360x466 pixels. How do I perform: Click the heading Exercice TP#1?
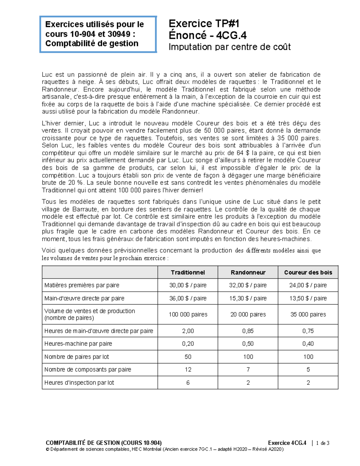point(204,23)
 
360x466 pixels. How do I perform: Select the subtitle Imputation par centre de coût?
point(229,47)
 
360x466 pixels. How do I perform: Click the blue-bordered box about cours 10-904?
point(98,34)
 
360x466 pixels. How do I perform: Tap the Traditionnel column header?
point(188,272)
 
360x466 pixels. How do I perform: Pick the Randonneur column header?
point(248,272)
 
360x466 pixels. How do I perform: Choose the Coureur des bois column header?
point(308,272)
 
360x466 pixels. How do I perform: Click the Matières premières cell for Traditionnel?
point(188,285)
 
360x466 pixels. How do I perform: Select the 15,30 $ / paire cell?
point(248,298)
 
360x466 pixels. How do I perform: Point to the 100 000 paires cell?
point(188,314)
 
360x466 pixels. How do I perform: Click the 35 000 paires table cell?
point(308,314)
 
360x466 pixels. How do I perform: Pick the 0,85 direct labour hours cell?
point(248,331)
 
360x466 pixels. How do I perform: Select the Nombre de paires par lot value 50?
point(188,357)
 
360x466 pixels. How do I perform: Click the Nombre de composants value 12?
point(188,370)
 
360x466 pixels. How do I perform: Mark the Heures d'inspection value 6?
point(188,383)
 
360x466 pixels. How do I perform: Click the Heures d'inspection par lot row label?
point(79,383)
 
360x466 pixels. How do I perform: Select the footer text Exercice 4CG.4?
point(287,443)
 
